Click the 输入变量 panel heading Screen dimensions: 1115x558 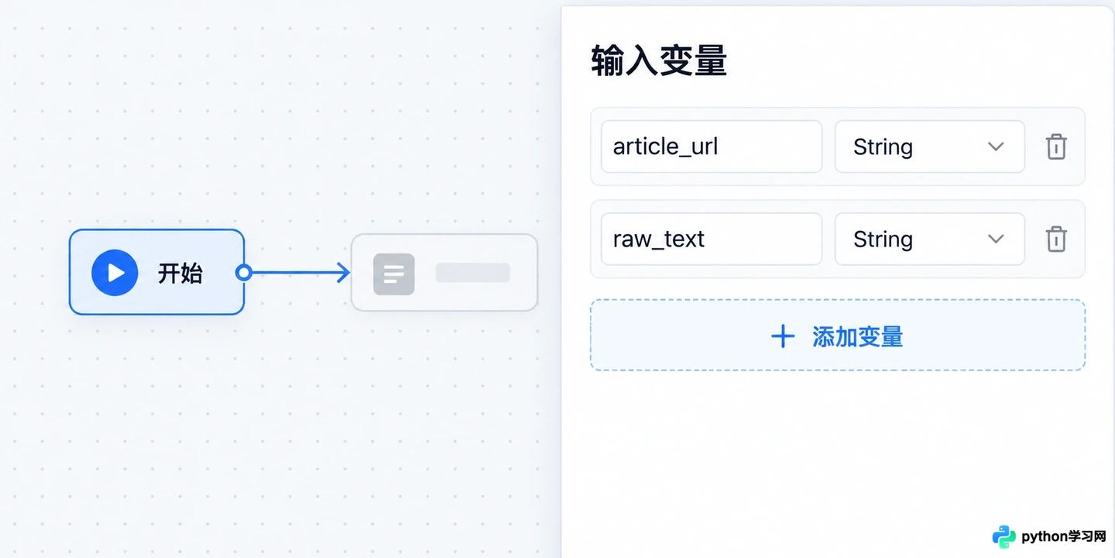tap(659, 60)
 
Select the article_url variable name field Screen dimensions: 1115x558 tap(712, 146)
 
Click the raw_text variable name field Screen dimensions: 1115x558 tap(712, 239)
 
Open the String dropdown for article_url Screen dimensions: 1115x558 tap(929, 146)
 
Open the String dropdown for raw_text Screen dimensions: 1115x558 tap(929, 239)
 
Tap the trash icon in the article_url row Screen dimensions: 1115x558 tap(1056, 146)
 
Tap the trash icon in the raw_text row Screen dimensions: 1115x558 tap(1056, 239)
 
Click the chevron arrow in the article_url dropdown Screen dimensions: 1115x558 tap(996, 147)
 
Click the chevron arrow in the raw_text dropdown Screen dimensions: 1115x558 tap(996, 239)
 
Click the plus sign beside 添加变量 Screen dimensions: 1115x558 tap(783, 336)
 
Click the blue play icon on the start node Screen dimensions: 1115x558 tap(115, 273)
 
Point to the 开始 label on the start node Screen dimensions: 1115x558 tap(180, 273)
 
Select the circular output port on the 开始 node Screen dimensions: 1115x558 tap(244, 273)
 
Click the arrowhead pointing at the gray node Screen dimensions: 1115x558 tap(343, 273)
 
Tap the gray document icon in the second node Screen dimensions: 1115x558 tap(393, 274)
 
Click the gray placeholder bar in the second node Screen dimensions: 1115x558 tap(473, 273)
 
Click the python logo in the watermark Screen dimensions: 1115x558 tap(1004, 536)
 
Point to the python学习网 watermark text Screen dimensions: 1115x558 tap(1063, 536)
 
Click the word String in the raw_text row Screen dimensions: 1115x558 tap(883, 239)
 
